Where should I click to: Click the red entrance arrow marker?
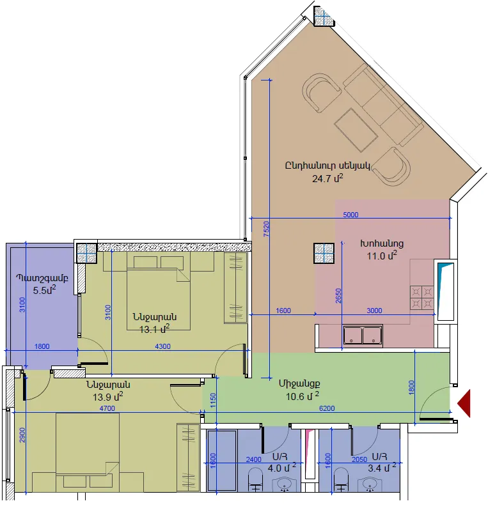click(x=464, y=403)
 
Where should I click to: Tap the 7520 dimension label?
click(x=266, y=229)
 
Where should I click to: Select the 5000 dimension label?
click(x=350, y=215)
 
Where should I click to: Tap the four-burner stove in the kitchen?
click(x=422, y=298)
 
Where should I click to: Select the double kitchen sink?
click(x=363, y=335)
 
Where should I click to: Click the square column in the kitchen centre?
click(x=324, y=253)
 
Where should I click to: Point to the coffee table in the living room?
click(x=356, y=130)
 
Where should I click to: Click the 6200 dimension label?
click(x=327, y=408)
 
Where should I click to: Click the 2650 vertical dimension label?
click(x=338, y=295)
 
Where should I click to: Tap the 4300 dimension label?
click(x=163, y=346)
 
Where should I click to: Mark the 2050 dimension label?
click(x=359, y=459)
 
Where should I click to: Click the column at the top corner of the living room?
click(x=324, y=16)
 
